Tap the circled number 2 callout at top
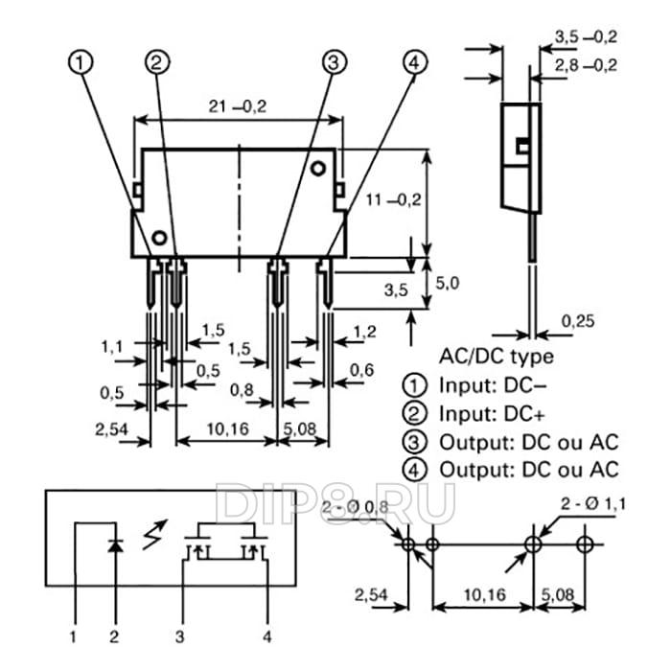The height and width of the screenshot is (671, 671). pyautogui.click(x=158, y=62)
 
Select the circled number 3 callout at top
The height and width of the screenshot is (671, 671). pyautogui.click(x=333, y=62)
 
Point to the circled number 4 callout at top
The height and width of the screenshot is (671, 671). pyautogui.click(x=413, y=62)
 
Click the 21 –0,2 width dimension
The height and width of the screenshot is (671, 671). pyautogui.click(x=237, y=105)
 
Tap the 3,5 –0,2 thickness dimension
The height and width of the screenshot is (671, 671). pyautogui.click(x=585, y=36)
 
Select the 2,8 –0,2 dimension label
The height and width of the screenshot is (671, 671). pyautogui.click(x=585, y=64)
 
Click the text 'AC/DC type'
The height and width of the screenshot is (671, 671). pyautogui.click(x=496, y=357)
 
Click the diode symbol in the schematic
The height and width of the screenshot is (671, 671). pyautogui.click(x=115, y=545)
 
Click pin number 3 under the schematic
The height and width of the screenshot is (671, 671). pyautogui.click(x=179, y=635)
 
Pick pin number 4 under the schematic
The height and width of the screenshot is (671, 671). pyautogui.click(x=268, y=635)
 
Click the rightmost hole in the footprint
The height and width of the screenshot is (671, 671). pyautogui.click(x=586, y=544)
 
